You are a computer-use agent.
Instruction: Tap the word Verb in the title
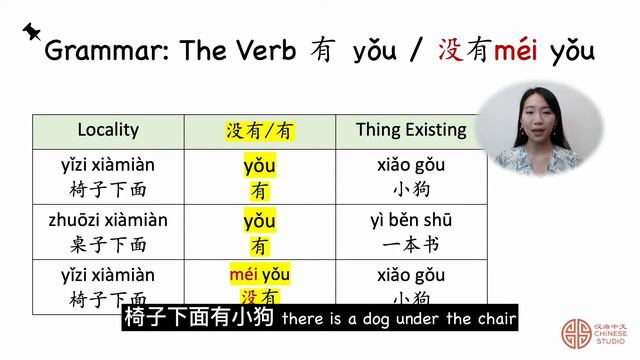(x=263, y=51)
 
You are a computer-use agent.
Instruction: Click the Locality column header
(x=108, y=130)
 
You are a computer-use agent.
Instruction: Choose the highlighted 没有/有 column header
(x=260, y=131)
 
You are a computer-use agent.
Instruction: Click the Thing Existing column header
(x=411, y=130)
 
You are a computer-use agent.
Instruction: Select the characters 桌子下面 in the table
(x=108, y=244)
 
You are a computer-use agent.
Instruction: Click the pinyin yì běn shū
(x=411, y=220)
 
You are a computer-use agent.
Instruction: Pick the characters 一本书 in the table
(x=411, y=244)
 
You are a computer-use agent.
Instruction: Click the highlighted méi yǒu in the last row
(x=259, y=274)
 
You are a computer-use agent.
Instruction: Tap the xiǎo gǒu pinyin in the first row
(x=411, y=165)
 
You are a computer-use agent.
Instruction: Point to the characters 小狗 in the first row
(x=411, y=189)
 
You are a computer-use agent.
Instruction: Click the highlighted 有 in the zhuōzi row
(x=260, y=244)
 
